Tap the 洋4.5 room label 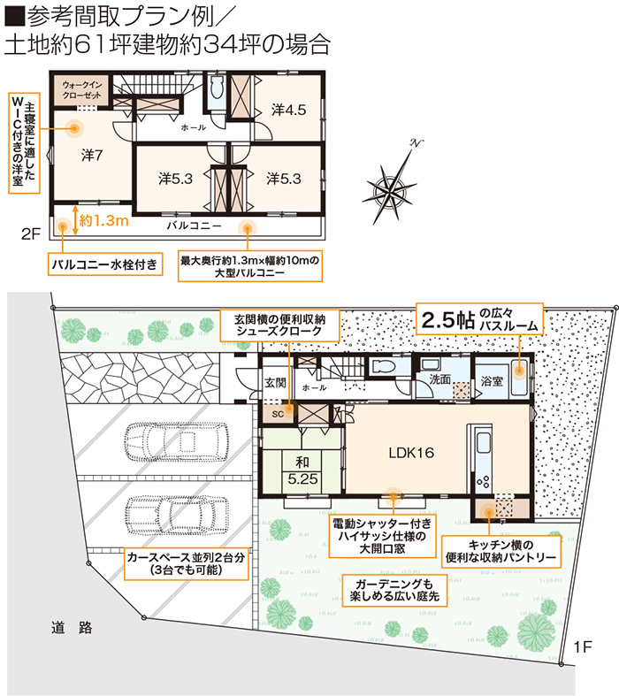point(289,110)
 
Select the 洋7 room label point(92,155)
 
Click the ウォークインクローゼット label point(81,89)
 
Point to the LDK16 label point(411,453)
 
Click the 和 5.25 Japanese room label point(302,470)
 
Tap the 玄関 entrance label point(275,382)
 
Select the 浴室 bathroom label point(492,381)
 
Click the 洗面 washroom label point(439,379)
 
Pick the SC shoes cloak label point(278,414)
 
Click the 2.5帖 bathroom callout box point(479,319)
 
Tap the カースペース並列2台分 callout point(186,563)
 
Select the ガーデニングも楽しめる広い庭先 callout point(394,590)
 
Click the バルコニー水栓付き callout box point(105,264)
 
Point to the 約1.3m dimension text point(103,220)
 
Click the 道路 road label point(72,628)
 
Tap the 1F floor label point(583,647)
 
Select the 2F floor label point(31,234)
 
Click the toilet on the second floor point(217,88)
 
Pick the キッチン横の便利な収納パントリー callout point(501,551)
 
